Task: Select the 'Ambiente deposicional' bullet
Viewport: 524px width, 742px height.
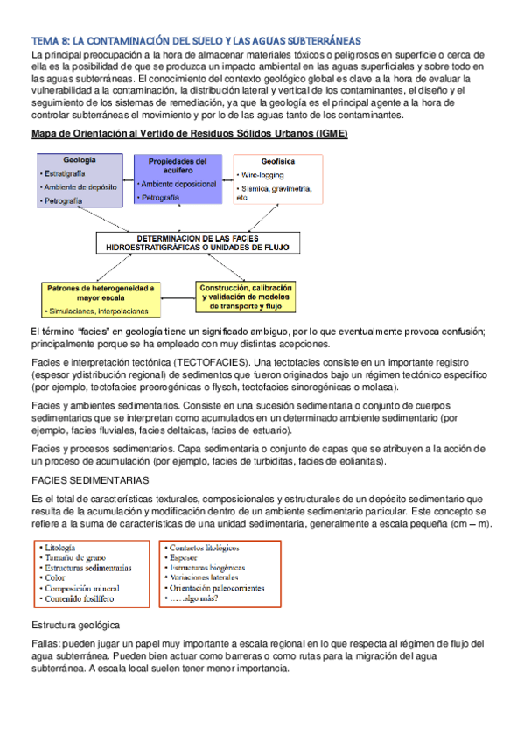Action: [181, 185]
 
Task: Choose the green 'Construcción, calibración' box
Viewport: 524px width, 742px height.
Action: [247, 297]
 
